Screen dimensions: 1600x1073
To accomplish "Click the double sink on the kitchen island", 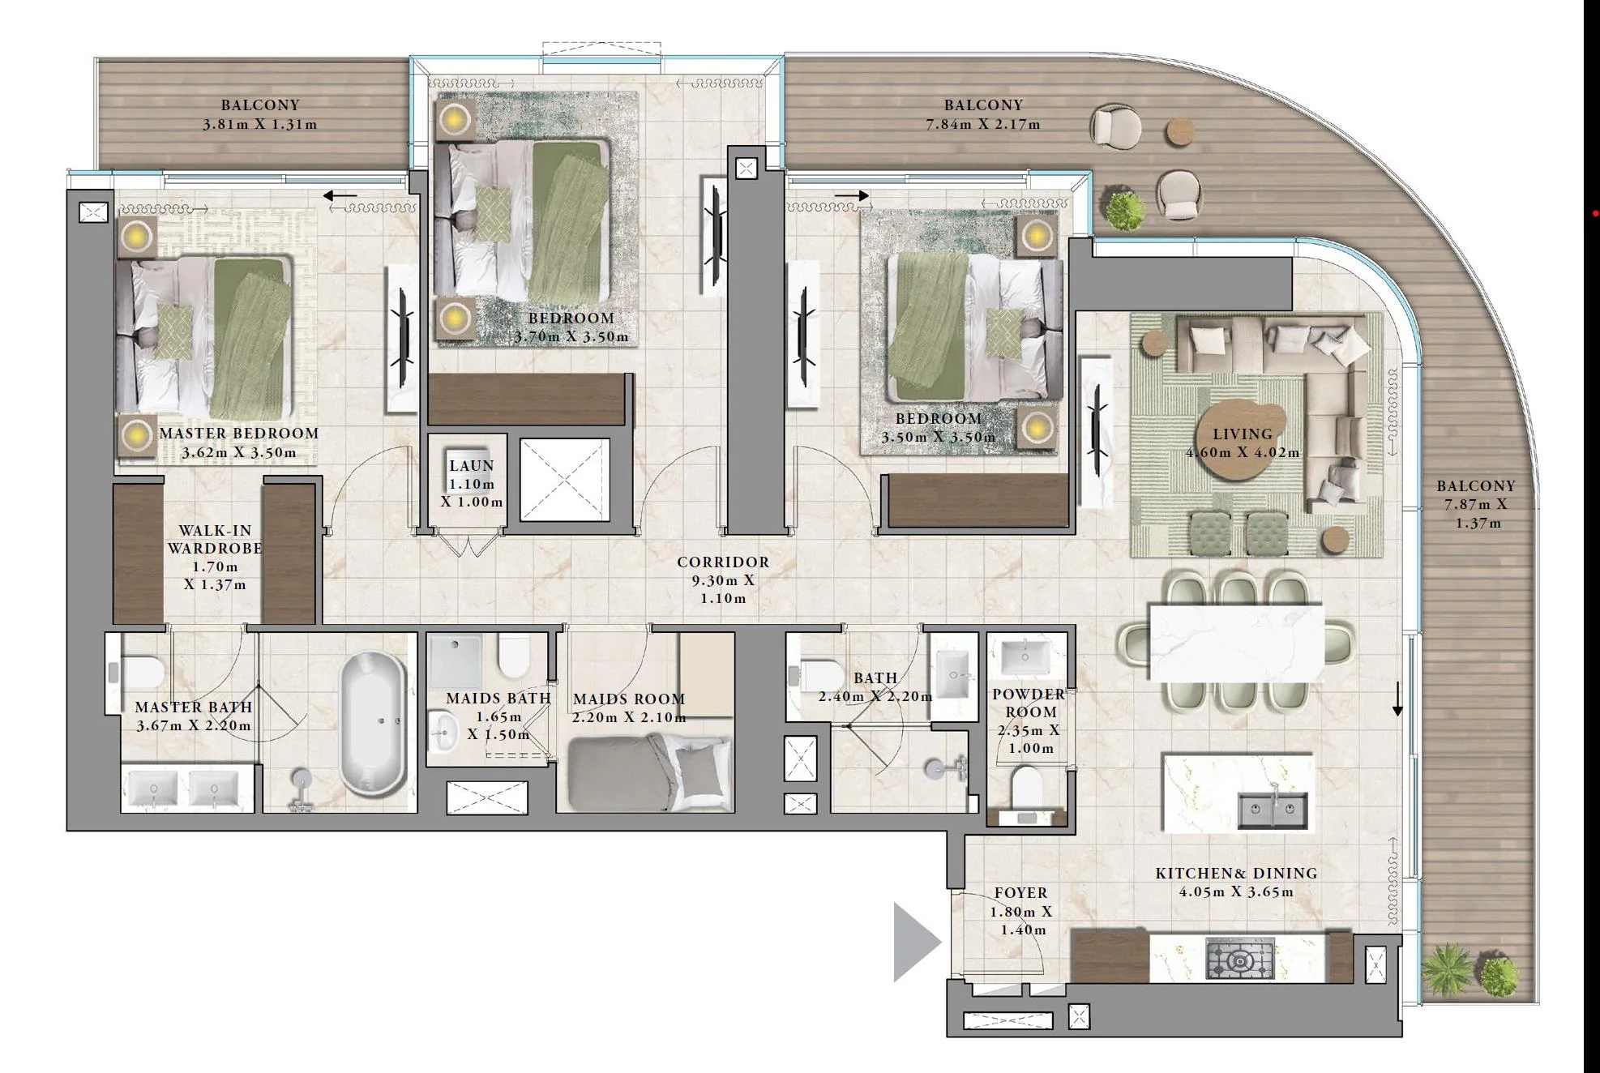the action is coord(1273,810).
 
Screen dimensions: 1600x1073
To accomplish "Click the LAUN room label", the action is coord(472,466).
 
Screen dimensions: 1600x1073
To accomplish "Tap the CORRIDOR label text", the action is coord(723,562).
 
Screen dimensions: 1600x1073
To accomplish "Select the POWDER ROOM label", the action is coord(1029,703).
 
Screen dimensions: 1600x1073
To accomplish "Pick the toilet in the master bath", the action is coord(139,672).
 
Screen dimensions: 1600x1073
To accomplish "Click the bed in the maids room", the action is coord(649,773).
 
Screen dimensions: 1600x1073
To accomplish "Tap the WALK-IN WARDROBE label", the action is coord(215,539).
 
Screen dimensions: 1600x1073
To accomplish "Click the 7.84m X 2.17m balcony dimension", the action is coord(983,124).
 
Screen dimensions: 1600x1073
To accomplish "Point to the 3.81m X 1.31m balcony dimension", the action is coord(260,124).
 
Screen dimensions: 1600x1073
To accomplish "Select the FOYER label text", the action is coord(1021,892).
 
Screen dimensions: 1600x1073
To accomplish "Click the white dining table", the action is coord(1237,642).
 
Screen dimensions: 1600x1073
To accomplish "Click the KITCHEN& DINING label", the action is coord(1236,873).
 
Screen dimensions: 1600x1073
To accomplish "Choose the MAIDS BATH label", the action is coord(498,698).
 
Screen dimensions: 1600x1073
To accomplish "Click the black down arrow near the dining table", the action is coord(1397,699).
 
